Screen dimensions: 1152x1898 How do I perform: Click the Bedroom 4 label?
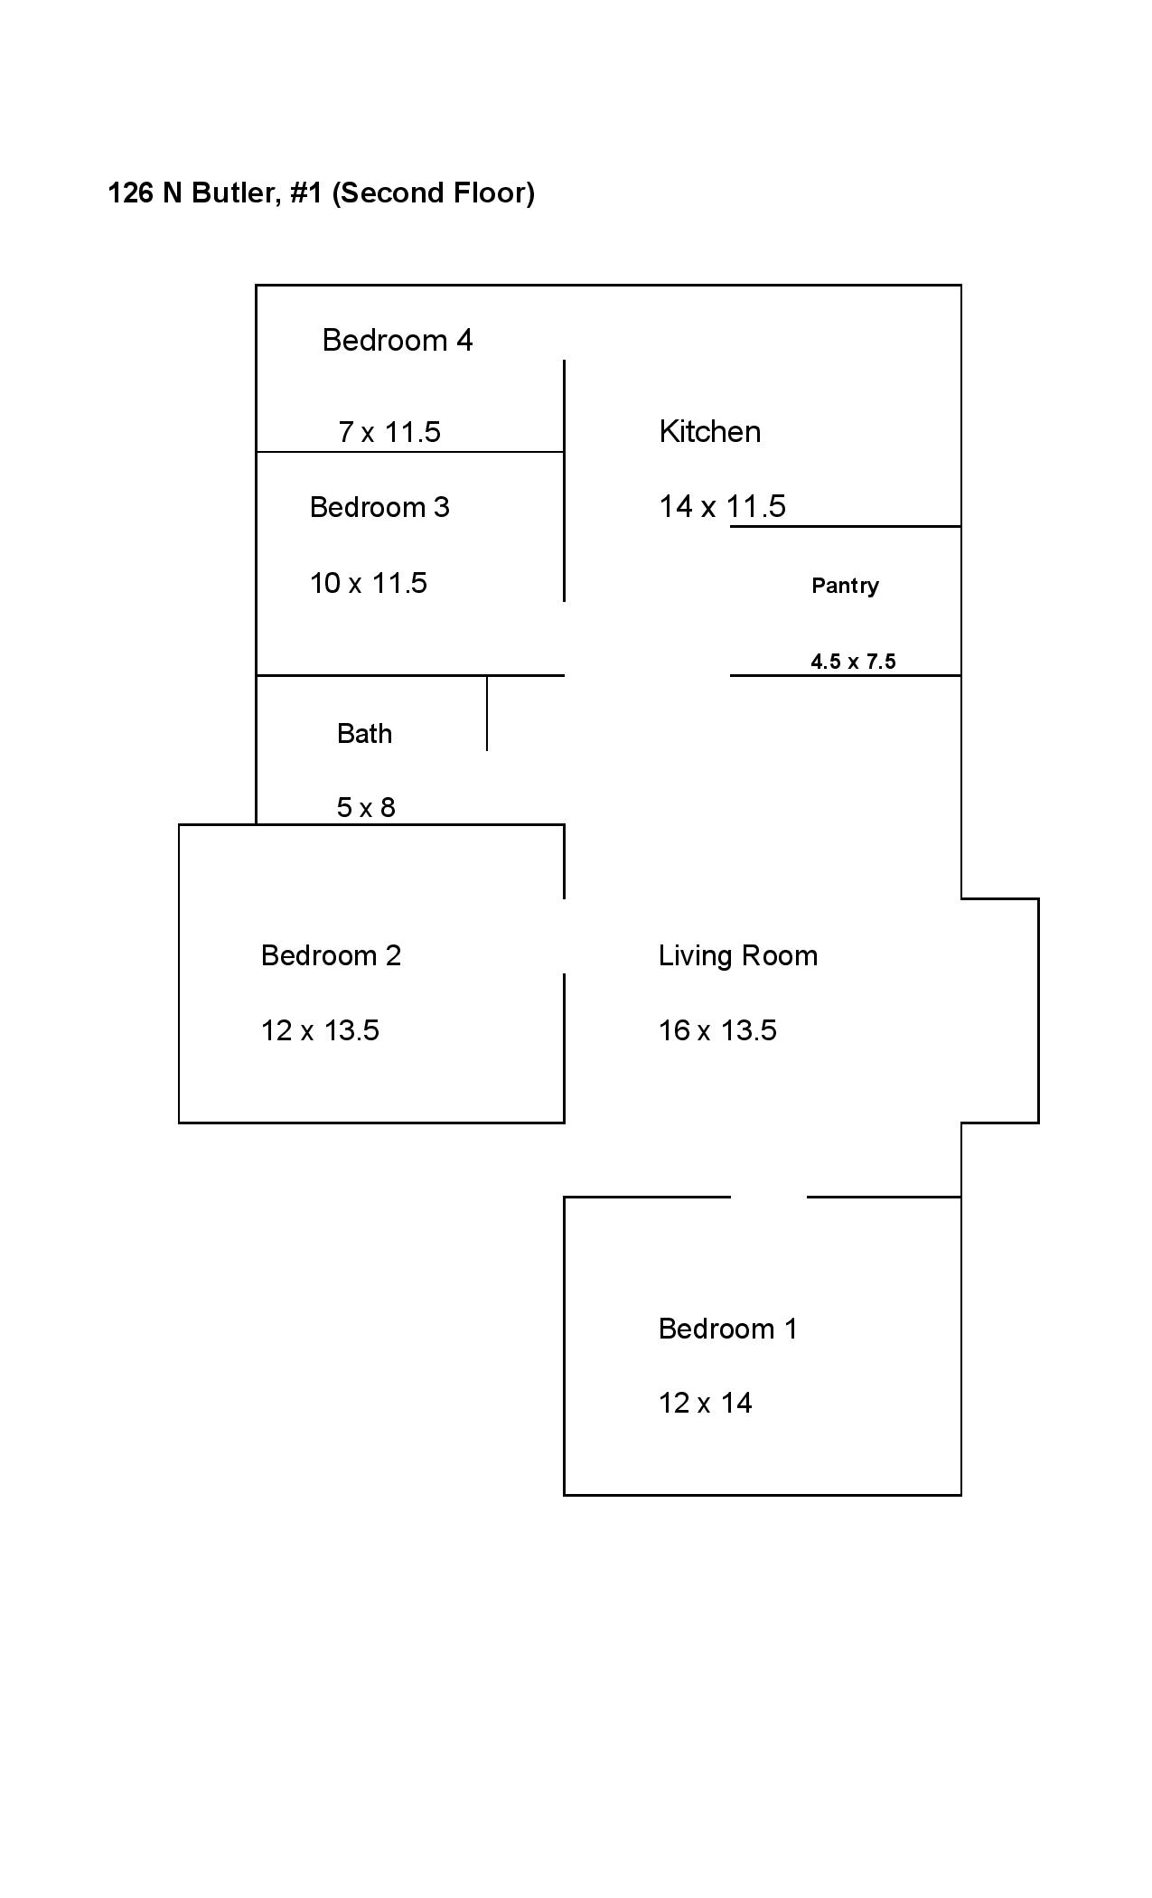398,341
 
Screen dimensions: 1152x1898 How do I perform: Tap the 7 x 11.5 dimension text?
389,432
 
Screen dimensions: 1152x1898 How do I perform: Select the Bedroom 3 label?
379,507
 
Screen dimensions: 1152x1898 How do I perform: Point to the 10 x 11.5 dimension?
369,583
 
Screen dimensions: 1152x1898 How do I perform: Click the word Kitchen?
710,431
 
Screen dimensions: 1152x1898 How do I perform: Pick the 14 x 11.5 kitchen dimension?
723,506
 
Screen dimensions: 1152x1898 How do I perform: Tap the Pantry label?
846,586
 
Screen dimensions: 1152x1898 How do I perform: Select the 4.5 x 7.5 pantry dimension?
854,662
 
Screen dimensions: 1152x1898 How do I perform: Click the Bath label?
365,733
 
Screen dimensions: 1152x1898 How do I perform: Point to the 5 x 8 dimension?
366,807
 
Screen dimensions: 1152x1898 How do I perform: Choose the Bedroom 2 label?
331,955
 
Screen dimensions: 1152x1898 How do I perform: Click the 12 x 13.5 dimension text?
320,1030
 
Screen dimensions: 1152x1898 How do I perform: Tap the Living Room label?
738,956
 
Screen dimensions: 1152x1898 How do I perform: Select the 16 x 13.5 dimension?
717,1030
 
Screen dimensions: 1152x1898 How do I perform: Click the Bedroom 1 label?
728,1329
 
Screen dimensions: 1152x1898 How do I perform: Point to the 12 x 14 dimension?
706,1403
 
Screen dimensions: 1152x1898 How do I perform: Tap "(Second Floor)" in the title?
434,193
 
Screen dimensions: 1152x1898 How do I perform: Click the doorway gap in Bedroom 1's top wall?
769,1197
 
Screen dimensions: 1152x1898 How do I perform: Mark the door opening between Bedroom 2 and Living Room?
565,936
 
